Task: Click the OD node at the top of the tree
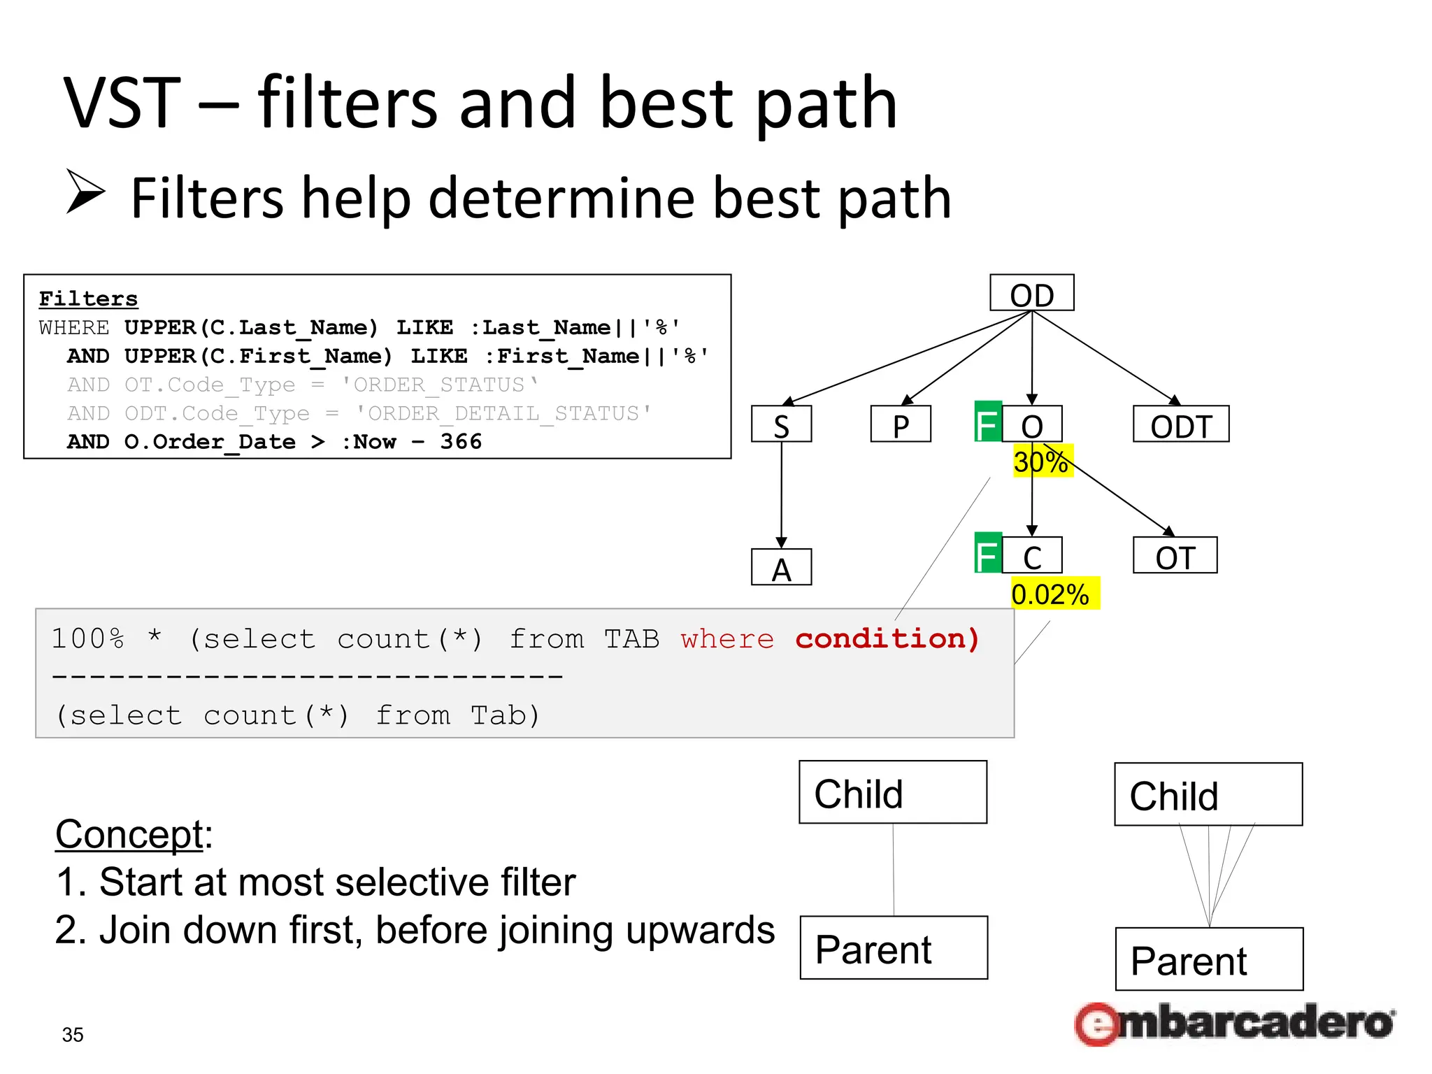click(1031, 293)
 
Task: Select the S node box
click(781, 424)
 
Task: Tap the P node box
click(901, 424)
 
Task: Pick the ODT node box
click(1180, 424)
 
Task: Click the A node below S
click(781, 567)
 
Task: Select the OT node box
click(1175, 555)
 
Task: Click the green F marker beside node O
click(987, 422)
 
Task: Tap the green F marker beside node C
click(987, 553)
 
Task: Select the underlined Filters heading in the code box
click(88, 299)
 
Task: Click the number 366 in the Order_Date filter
click(461, 442)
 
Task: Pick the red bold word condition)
click(887, 638)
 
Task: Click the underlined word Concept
click(129, 833)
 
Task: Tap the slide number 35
click(73, 1034)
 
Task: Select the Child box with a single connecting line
click(893, 792)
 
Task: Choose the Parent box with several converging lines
click(1209, 959)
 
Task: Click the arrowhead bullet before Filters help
click(85, 191)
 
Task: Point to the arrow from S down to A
click(781, 493)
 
